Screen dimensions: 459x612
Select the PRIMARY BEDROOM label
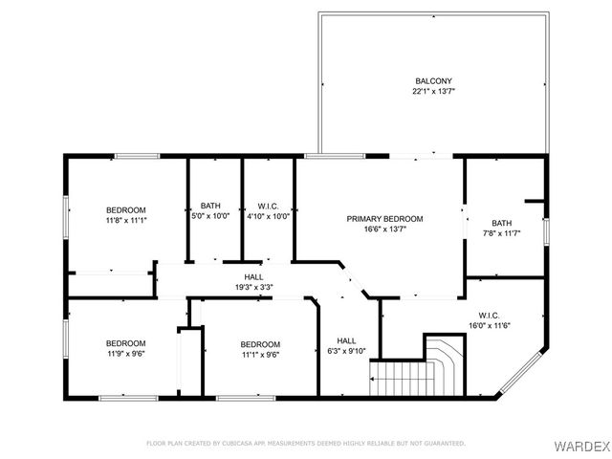(x=384, y=219)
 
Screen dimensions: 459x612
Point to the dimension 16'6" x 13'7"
(x=384, y=229)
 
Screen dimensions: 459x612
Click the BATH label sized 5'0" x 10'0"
(x=210, y=206)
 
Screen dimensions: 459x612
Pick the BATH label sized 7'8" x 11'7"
(x=502, y=223)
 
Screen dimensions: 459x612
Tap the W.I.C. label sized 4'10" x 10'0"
(x=268, y=206)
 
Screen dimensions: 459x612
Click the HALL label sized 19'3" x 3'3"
(x=253, y=276)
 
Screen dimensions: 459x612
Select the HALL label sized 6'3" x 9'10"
(x=346, y=340)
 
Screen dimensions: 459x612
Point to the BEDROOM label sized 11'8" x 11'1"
(x=125, y=209)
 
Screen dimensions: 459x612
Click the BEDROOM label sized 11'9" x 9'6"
(x=125, y=343)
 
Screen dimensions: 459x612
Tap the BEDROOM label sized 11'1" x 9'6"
(x=260, y=344)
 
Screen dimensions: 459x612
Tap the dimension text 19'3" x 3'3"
(x=253, y=287)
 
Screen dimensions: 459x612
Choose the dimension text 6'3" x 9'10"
(x=346, y=351)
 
